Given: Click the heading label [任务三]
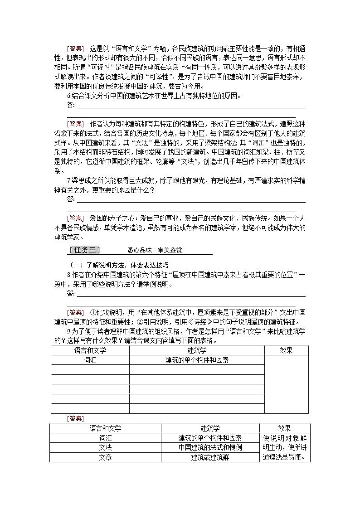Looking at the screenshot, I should [84, 250].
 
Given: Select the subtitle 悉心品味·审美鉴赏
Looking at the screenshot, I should [155, 250].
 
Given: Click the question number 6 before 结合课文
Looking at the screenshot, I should [68, 96].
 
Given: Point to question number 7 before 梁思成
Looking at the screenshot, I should [68, 181].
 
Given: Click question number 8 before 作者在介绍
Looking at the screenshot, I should [68, 275].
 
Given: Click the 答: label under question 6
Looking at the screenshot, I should [70, 105].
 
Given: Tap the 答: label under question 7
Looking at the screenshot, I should [70, 199].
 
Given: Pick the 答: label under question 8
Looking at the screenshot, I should [70, 293].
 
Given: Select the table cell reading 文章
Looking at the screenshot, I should [105, 457].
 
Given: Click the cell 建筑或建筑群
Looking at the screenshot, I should [210, 457].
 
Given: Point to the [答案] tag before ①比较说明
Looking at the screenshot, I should [75, 312].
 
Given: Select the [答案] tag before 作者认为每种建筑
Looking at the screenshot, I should [75, 124].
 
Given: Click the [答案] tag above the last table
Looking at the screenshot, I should [75, 418].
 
